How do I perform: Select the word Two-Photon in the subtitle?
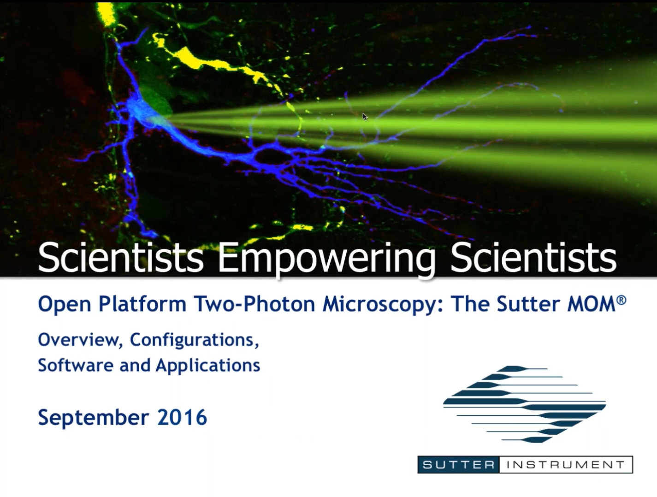[x=254, y=304]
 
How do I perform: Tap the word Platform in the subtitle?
[x=142, y=304]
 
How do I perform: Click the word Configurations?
[x=194, y=340]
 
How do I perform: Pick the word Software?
[x=76, y=365]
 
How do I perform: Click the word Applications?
[x=208, y=366]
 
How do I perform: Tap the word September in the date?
[x=94, y=418]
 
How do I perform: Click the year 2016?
[x=182, y=417]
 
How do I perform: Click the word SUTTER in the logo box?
[x=458, y=465]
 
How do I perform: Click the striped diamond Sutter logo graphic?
[x=524, y=404]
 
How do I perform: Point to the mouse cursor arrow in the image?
[x=365, y=117]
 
